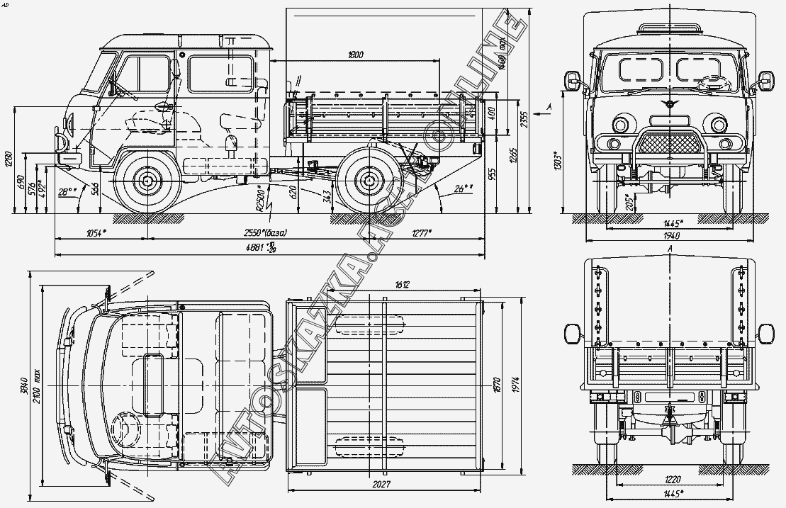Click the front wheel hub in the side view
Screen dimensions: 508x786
[147, 181]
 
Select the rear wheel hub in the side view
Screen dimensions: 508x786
[368, 181]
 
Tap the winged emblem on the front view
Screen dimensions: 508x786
[669, 106]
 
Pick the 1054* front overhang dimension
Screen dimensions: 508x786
[96, 233]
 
